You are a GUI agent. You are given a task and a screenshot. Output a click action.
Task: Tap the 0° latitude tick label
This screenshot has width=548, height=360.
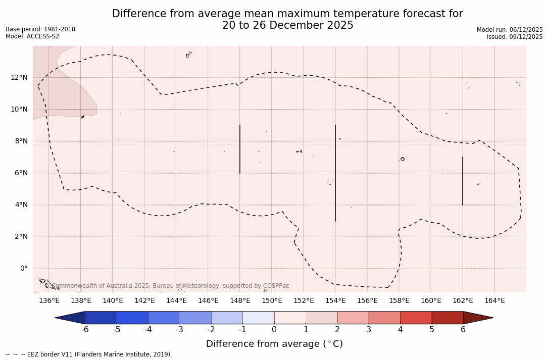[x=23, y=268]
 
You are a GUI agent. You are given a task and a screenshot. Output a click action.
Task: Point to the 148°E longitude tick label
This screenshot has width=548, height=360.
[x=240, y=301]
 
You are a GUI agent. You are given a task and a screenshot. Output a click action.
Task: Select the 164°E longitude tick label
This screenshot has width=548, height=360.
[x=494, y=301]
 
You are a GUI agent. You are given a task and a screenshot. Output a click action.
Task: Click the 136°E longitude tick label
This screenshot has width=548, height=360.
[x=49, y=301]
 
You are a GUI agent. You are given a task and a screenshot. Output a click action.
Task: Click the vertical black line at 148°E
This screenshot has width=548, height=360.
[x=240, y=149]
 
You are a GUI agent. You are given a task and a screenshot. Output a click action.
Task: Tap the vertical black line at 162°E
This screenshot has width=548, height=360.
[x=463, y=181]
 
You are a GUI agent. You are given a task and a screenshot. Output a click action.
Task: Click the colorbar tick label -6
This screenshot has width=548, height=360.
[x=85, y=330]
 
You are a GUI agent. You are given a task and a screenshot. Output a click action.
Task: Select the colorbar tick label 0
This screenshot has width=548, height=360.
[x=274, y=330]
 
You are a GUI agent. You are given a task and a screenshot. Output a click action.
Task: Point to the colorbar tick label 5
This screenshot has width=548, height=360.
[x=432, y=330]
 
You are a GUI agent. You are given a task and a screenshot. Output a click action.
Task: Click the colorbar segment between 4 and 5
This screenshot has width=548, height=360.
[x=416, y=318]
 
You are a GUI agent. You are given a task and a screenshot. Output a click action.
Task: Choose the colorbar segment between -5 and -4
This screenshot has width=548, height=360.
[x=132, y=318]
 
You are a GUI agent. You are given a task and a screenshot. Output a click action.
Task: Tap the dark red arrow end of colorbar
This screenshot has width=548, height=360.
[x=477, y=318]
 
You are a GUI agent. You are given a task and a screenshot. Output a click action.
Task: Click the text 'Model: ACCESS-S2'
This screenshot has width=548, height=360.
[x=32, y=36]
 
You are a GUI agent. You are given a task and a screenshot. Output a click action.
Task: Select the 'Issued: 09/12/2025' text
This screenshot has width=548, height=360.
[x=515, y=37]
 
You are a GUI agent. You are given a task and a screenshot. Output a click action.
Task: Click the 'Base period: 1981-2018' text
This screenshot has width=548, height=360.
[x=40, y=29]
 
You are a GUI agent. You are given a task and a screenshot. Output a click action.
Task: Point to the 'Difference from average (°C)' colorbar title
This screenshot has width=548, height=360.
[x=274, y=344]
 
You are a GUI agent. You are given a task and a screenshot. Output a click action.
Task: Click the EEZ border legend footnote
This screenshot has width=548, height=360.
[x=89, y=354]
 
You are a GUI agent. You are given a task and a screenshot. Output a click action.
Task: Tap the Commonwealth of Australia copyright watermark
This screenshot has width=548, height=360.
[x=167, y=286]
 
